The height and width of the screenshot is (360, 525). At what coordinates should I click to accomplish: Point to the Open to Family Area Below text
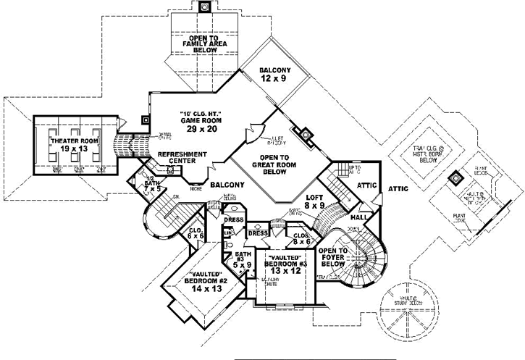[x=203, y=43]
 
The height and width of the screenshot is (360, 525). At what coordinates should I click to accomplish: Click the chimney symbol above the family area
[x=204, y=8]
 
